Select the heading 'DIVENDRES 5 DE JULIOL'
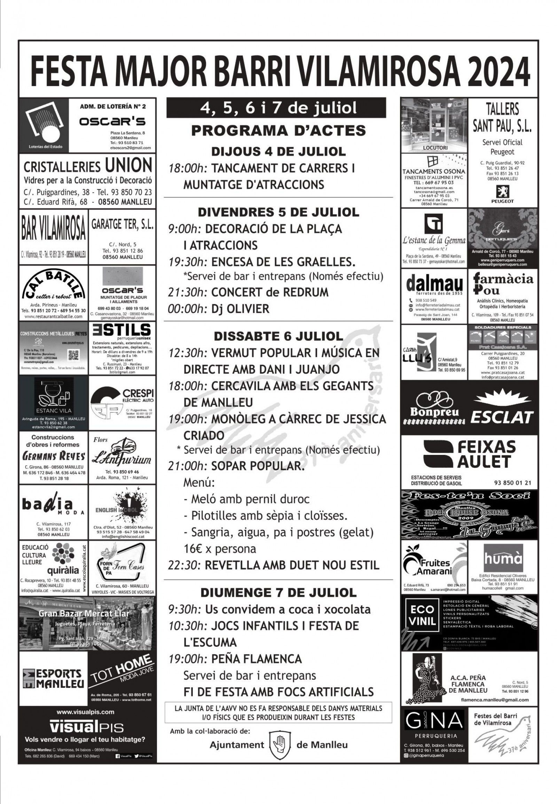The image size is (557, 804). coord(278,212)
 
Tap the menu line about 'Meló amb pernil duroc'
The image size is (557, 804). coord(246,499)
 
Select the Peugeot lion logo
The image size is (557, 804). coord(502,191)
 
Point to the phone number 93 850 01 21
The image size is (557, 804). coord(512,483)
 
